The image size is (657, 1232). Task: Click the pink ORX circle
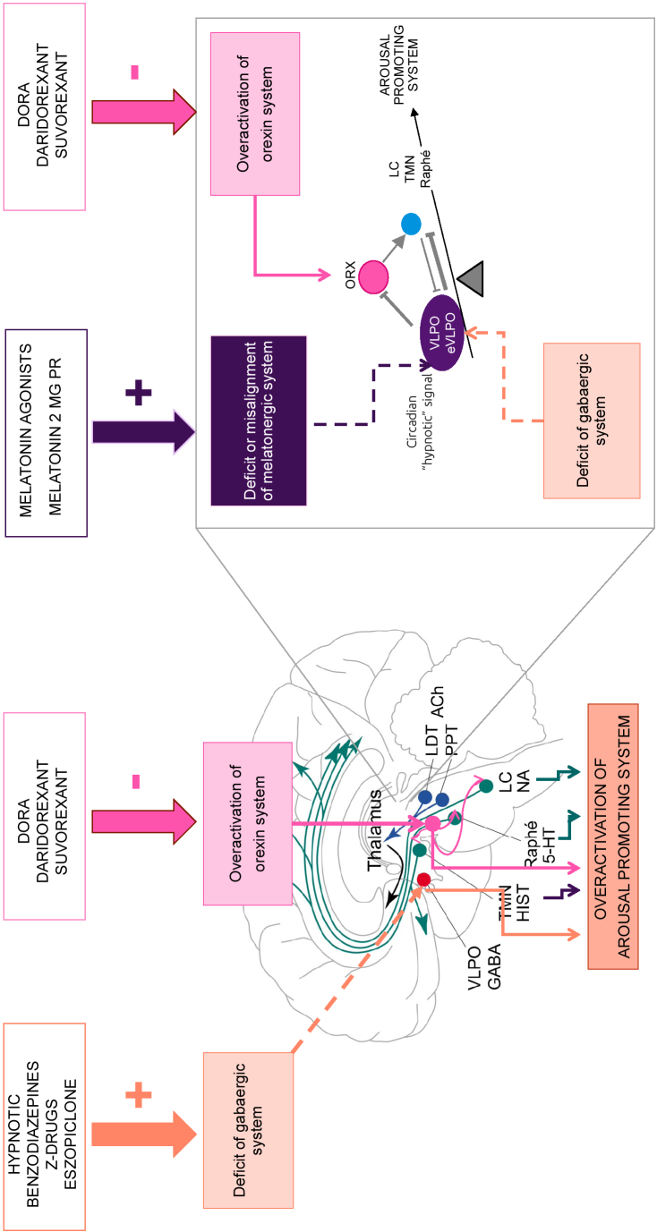tap(372, 277)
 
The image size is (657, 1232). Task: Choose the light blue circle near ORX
tap(411, 225)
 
